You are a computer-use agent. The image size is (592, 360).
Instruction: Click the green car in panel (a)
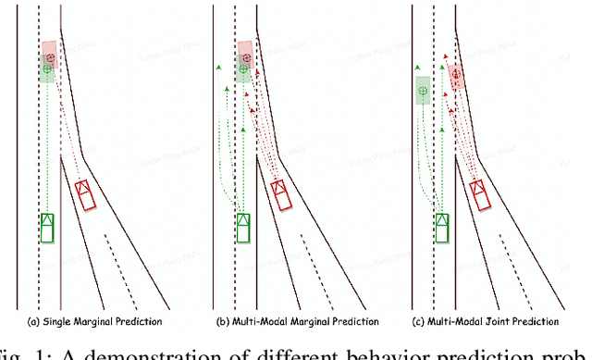point(47,227)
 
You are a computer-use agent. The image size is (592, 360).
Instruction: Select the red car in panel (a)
point(85,194)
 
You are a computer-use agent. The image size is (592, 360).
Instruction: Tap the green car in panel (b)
point(243,227)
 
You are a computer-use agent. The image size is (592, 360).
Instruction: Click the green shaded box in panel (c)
point(423,91)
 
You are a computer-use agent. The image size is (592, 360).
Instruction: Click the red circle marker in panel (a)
point(50,57)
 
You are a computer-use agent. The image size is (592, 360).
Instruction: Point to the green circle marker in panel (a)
point(47,68)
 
